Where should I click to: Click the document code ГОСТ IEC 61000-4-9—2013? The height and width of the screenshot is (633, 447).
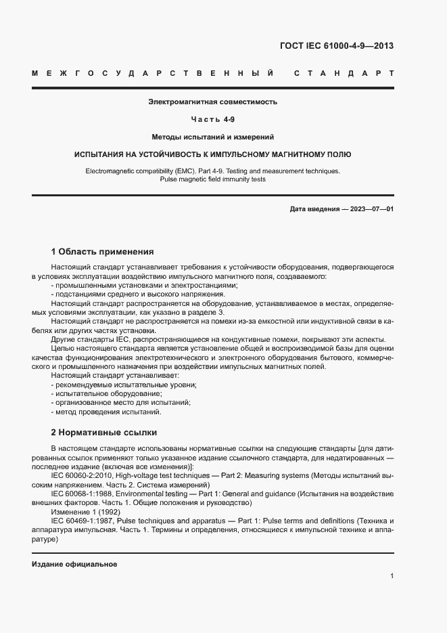336,46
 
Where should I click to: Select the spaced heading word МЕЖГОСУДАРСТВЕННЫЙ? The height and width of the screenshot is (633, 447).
152,73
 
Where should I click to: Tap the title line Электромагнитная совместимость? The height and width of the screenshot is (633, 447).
213,102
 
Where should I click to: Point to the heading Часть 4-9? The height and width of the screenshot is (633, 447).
213,120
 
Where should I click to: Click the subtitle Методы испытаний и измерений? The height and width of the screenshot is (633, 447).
213,137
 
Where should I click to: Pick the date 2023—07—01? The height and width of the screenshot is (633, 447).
371,209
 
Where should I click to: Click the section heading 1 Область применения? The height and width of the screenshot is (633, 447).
103,251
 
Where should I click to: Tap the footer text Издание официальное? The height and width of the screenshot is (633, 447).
74,564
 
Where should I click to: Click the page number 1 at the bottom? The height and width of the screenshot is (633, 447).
392,576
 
